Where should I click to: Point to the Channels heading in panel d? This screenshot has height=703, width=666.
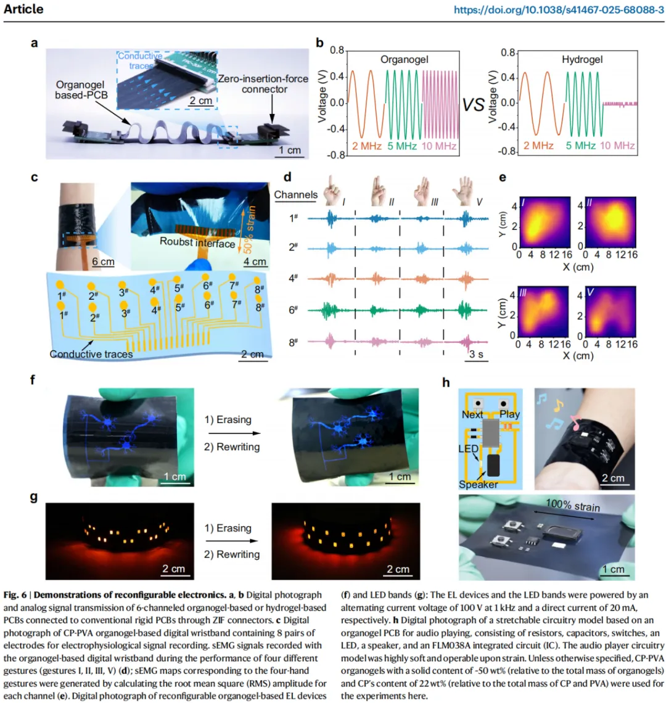[x=296, y=195]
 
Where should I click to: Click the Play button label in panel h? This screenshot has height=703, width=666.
[x=510, y=413]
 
